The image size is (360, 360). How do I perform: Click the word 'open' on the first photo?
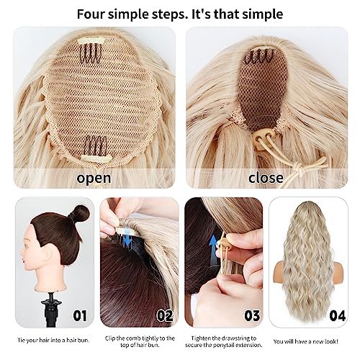94,179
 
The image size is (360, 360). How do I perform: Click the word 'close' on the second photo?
266,178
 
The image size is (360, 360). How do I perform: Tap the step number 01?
80,316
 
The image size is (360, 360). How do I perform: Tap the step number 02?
165,316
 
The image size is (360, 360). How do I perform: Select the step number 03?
252,316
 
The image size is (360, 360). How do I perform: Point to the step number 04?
338,316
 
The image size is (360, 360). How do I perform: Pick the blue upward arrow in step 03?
213,250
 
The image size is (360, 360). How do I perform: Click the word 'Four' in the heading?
91,14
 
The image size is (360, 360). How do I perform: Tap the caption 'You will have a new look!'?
306,341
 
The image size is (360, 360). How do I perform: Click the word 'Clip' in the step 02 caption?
110,338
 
